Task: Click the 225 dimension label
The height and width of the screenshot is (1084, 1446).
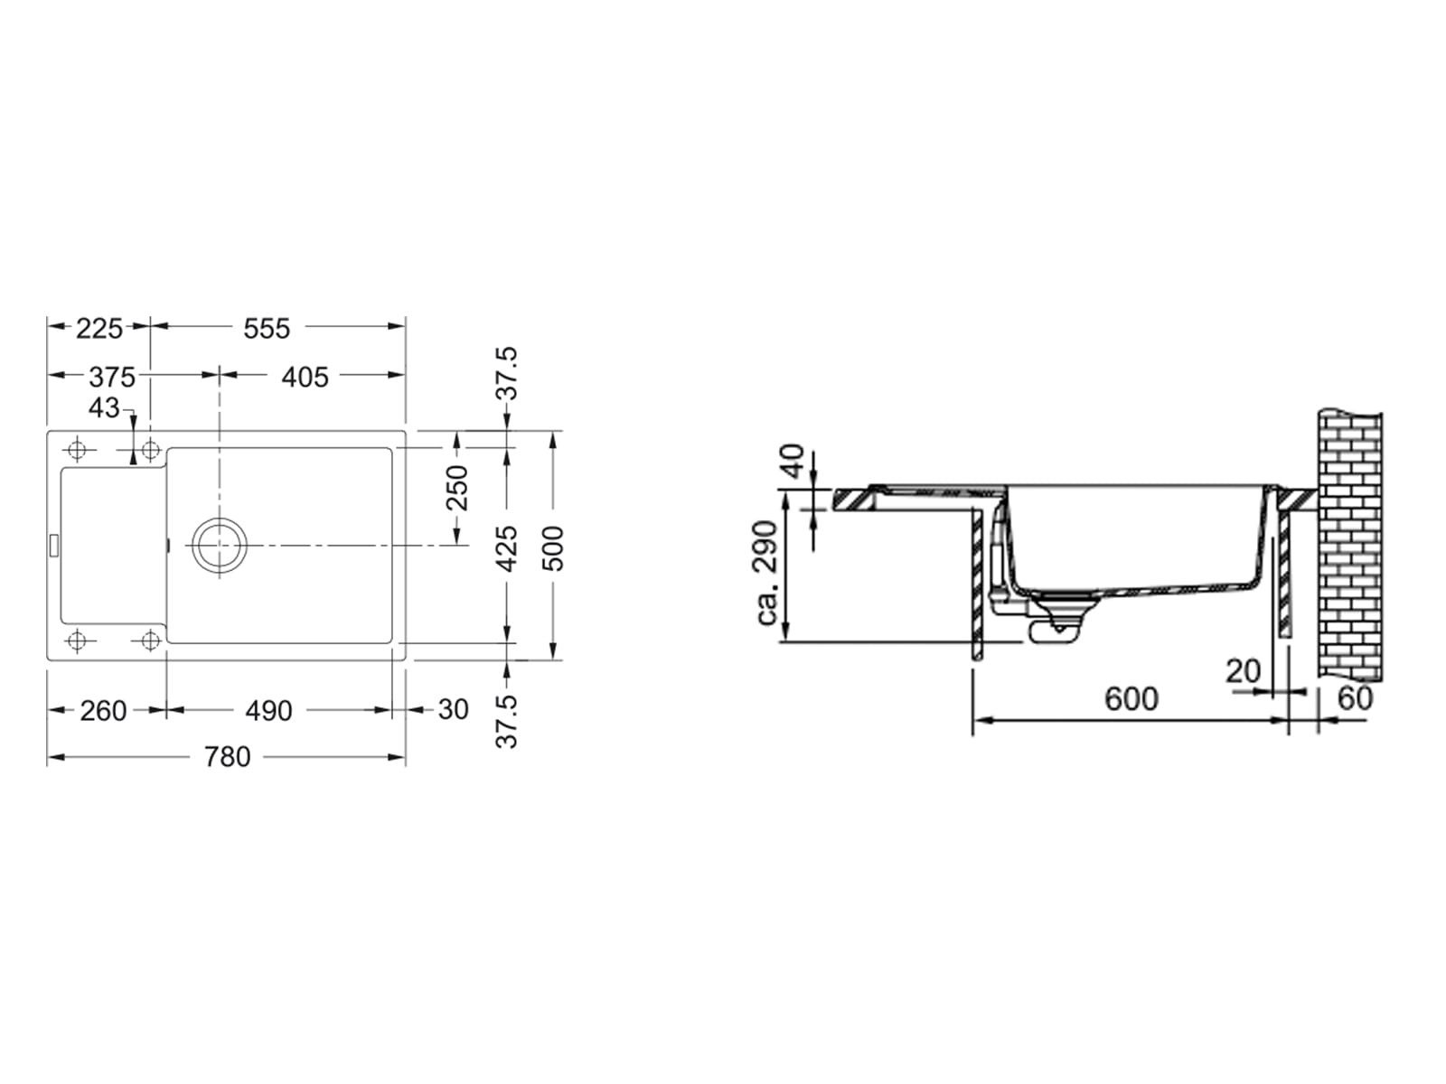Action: click(x=99, y=329)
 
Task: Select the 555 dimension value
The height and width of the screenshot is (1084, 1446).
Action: click(x=266, y=329)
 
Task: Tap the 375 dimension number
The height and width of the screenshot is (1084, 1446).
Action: click(x=112, y=377)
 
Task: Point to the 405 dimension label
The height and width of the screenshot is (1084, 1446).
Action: click(x=305, y=377)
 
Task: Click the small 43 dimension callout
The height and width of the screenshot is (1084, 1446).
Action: click(x=104, y=408)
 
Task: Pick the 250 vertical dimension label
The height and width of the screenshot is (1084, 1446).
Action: click(x=456, y=488)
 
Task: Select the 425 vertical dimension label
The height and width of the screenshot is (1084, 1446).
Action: click(x=507, y=548)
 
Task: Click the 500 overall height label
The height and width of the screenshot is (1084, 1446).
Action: click(x=552, y=548)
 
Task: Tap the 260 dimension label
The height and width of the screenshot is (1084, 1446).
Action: click(x=103, y=711)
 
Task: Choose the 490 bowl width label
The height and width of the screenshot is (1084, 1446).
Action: click(x=268, y=711)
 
